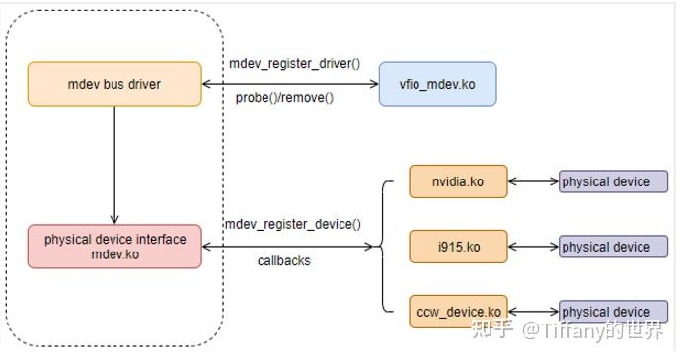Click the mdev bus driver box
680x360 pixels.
(x=113, y=84)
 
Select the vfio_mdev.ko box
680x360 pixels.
(x=437, y=84)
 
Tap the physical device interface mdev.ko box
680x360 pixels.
(x=113, y=247)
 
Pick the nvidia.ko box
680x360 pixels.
(x=458, y=181)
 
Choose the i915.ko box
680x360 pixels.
(x=458, y=247)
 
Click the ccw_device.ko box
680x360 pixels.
(x=458, y=312)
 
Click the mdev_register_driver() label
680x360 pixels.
(x=294, y=64)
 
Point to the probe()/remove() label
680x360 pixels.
(x=284, y=98)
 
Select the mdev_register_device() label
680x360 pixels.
(x=292, y=225)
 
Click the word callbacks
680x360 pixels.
(x=284, y=261)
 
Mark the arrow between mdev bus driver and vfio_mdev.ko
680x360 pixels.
(x=290, y=84)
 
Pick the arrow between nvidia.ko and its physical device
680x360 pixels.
(x=533, y=181)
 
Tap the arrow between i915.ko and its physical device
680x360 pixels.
(x=533, y=247)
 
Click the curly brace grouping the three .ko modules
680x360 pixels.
(x=383, y=247)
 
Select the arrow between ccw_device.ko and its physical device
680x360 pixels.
(x=533, y=312)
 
